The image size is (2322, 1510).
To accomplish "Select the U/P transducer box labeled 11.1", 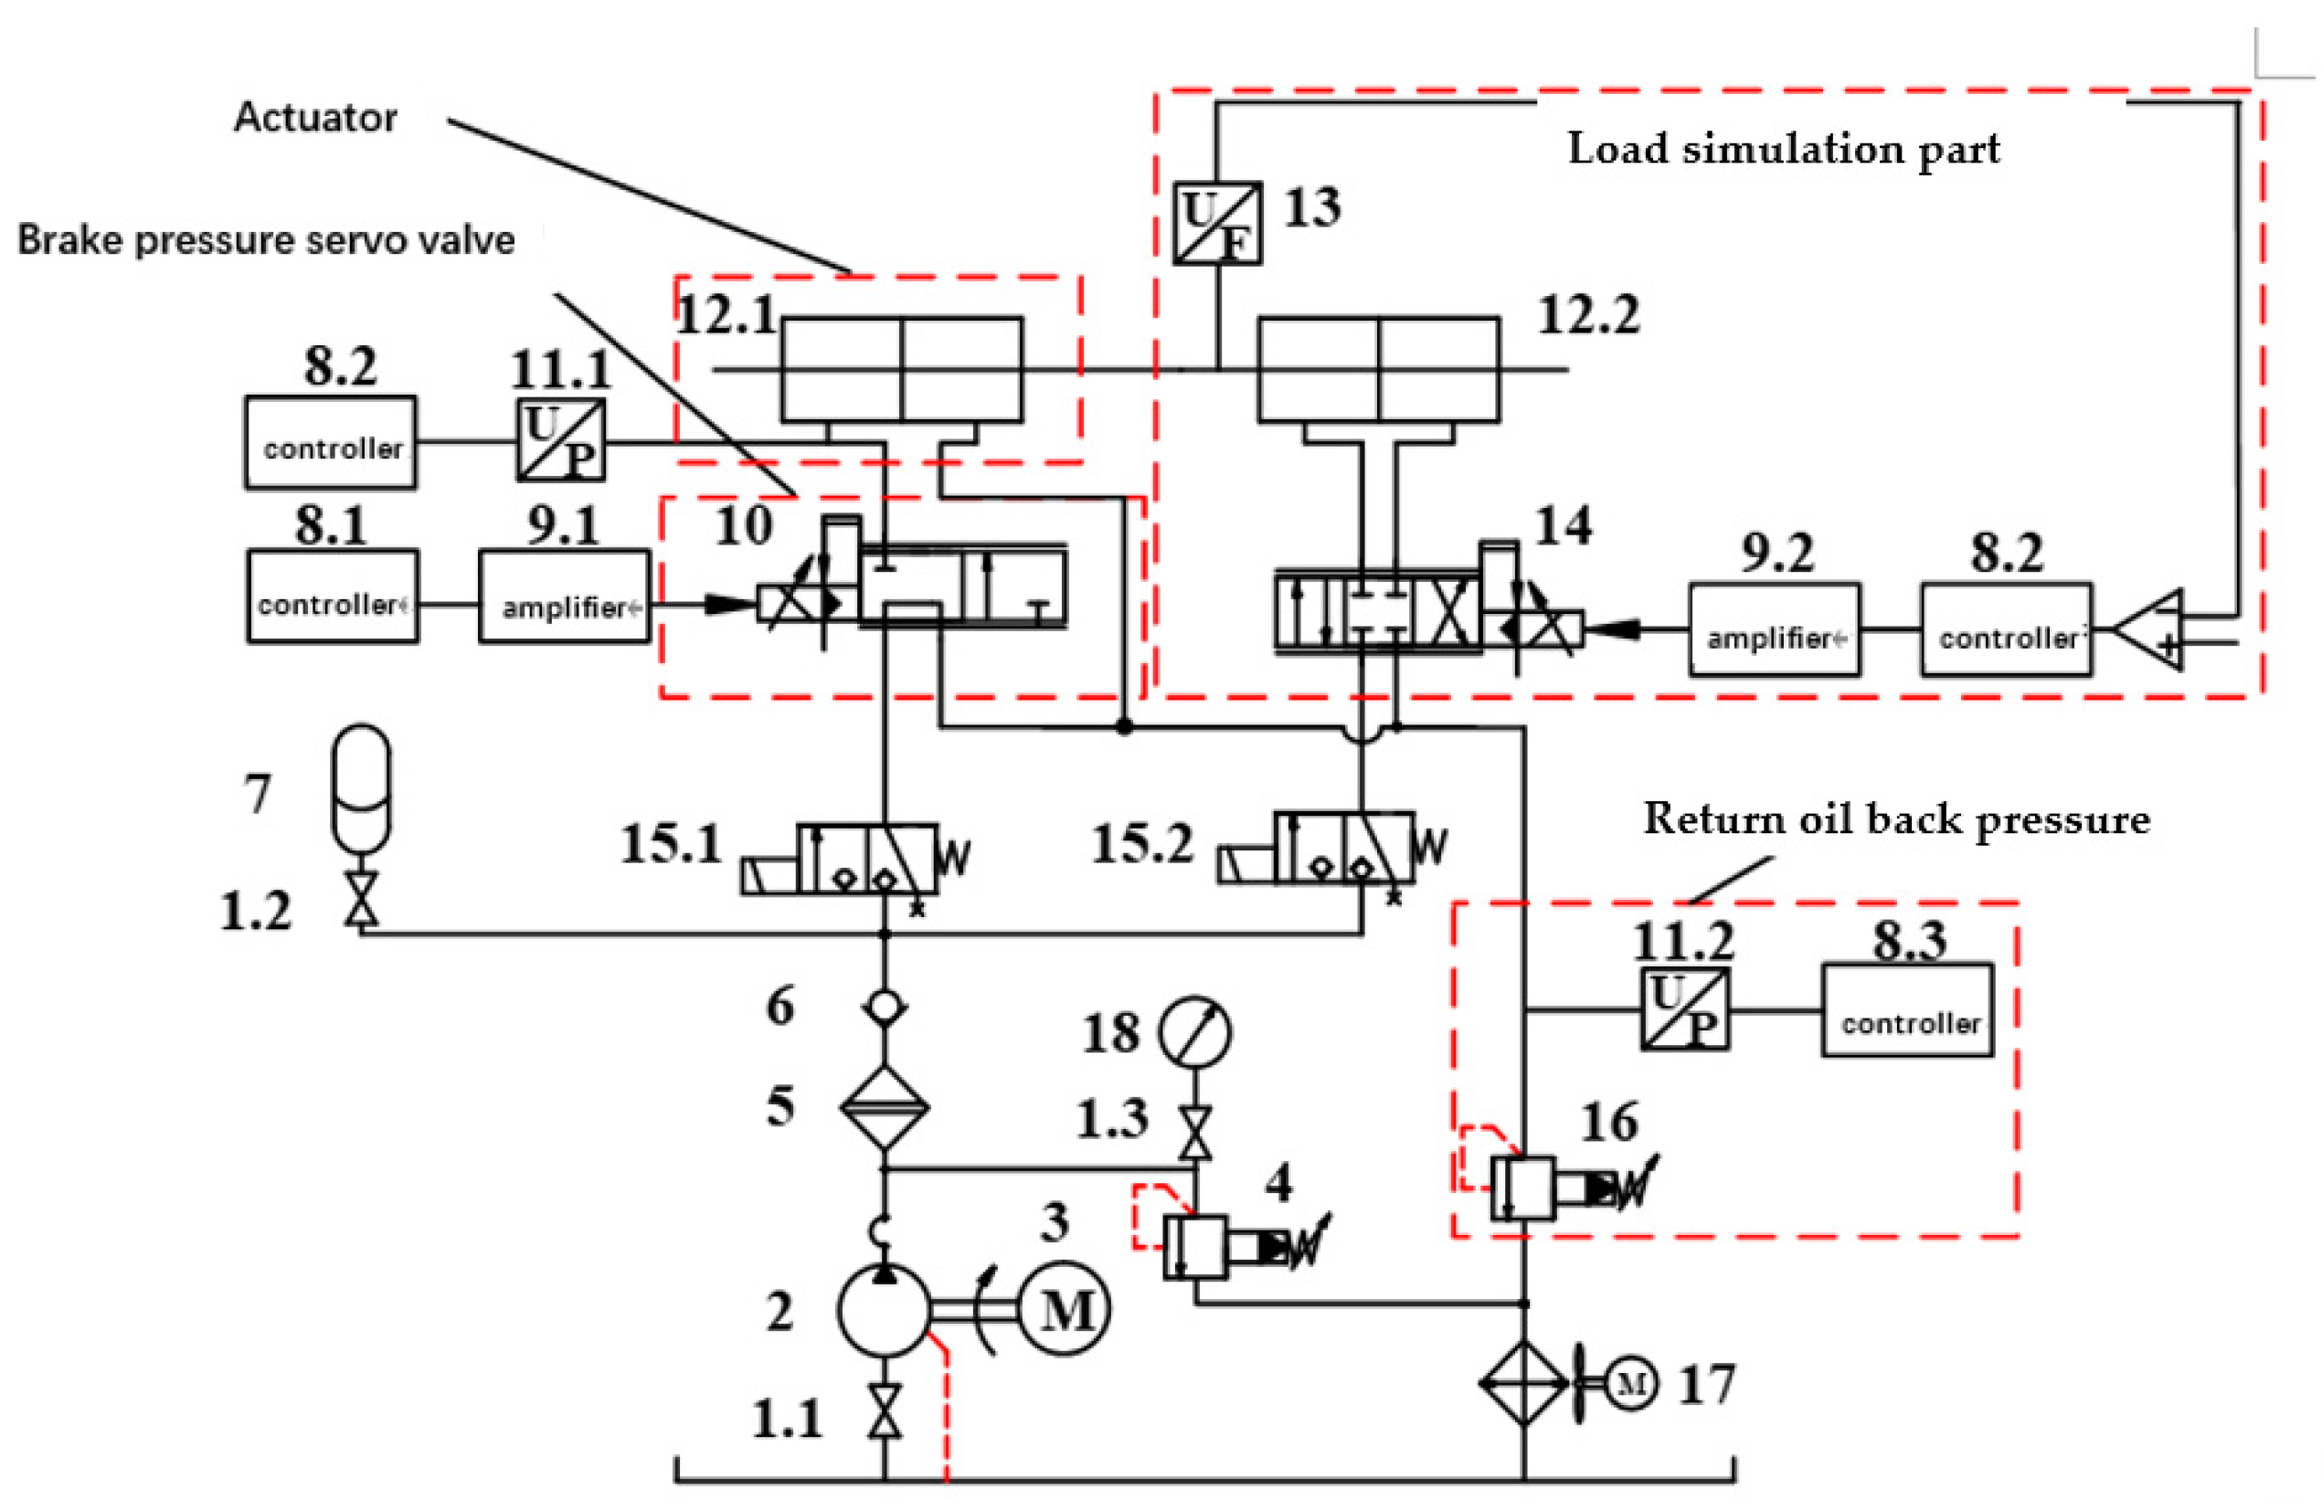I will point(560,440).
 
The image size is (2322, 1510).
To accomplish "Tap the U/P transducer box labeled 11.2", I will point(1684,1009).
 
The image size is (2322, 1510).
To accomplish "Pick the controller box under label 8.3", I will point(1906,1010).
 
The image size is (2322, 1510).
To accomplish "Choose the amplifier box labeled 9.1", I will point(564,597).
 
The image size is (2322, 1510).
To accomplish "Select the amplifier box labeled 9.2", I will point(1774,629).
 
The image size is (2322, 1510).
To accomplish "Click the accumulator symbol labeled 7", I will point(361,788).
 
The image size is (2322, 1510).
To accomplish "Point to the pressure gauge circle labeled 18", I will point(1195,1032).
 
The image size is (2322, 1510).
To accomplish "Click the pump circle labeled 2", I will point(884,1311).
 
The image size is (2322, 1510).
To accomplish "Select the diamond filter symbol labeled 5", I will point(884,1107).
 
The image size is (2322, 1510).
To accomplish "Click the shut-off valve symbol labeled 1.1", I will point(885,1410).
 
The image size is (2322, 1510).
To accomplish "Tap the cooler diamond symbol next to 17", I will point(1523,1383).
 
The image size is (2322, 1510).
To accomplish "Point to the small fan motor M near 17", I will point(1631,1383).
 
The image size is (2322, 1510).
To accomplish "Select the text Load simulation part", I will point(1784,149).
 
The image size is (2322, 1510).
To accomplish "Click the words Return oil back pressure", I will point(1895,819).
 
